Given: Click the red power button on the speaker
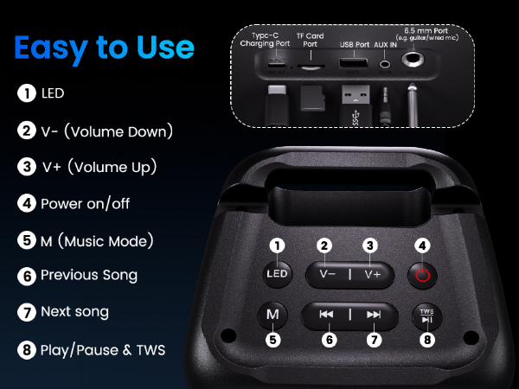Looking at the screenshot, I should coord(423,275).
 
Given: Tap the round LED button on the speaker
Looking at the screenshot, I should coord(277,275).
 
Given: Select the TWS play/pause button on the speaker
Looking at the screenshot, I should coord(426,316).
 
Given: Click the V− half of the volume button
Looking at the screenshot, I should coord(327,274).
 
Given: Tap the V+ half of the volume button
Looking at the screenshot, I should coord(373,274).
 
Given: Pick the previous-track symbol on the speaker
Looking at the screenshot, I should coord(326,315).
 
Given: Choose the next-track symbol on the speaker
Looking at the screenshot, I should coord(374,315).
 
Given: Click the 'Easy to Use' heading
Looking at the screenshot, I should coord(105,47).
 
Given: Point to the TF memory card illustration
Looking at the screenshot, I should coord(311,97).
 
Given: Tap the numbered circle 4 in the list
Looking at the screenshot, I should coord(27,204).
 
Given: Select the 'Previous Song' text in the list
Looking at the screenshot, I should coord(89,276).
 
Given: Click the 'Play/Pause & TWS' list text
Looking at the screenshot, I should coord(103,350).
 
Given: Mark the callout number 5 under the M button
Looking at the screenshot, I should coord(273,340).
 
